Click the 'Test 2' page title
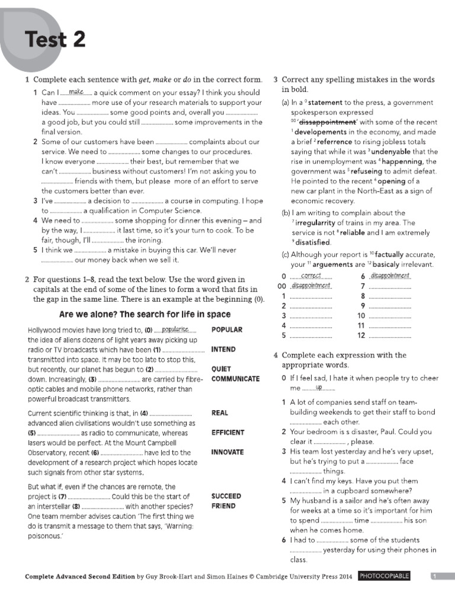[55, 40]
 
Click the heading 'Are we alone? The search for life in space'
[145, 314]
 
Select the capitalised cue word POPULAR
[227, 330]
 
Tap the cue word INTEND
[223, 350]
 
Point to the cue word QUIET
[221, 369]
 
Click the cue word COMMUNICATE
[235, 379]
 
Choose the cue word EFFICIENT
[227, 432]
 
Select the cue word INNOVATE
[227, 452]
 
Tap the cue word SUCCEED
[226, 496]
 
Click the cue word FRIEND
[223, 506]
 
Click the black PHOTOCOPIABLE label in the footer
[384, 576]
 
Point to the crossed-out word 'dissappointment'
[323, 122]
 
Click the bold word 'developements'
[321, 132]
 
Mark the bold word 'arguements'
[329, 264]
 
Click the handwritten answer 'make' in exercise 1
[76, 92]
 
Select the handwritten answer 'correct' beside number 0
[311, 276]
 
